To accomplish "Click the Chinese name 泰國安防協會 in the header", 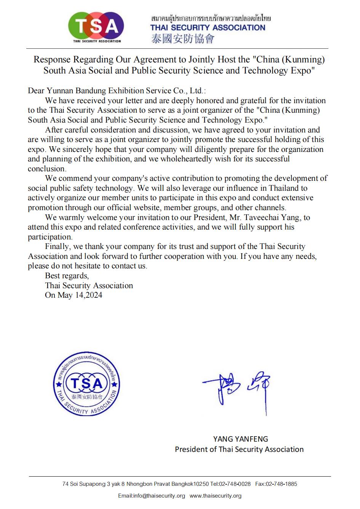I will (x=183, y=38).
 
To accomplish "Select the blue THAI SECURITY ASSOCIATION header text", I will (x=208, y=27).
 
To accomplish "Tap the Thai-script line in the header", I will (x=211, y=18).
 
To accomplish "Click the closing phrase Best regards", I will (x=67, y=276).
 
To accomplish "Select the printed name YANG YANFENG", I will (x=240, y=439).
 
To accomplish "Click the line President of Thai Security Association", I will (x=239, y=449).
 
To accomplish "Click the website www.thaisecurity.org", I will (x=215, y=496).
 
